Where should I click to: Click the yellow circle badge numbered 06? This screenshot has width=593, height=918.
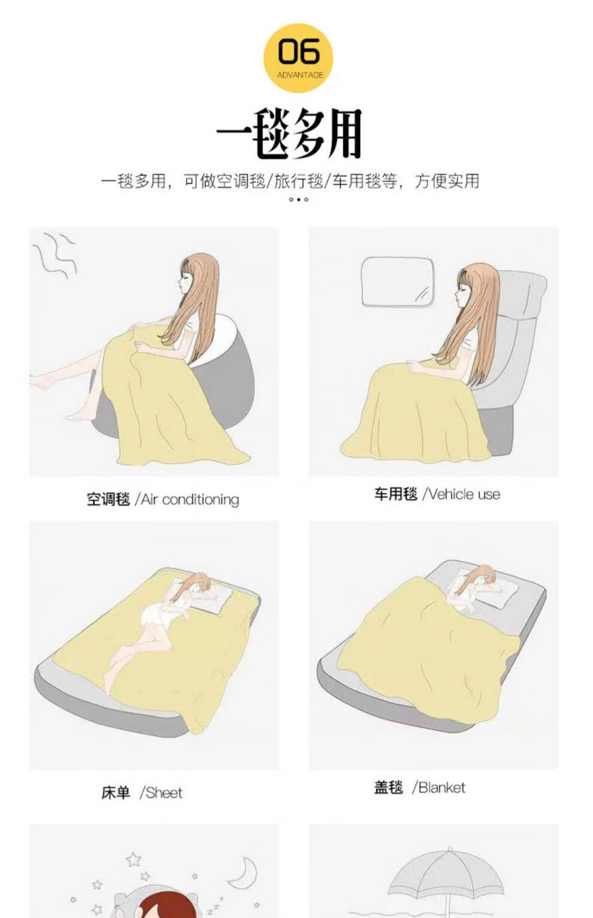tap(298, 58)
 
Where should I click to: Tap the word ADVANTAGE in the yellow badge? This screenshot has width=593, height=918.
tap(300, 75)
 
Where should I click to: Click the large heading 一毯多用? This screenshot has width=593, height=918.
tap(289, 134)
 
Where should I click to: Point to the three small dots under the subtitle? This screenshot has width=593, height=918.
tap(298, 200)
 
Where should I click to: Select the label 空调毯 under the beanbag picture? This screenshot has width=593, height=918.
tap(108, 499)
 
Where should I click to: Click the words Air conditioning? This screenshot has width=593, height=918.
tap(190, 499)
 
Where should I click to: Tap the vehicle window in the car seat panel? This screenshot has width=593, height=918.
tap(397, 282)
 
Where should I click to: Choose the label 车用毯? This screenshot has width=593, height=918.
tap(396, 494)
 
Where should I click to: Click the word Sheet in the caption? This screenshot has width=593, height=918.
tap(164, 793)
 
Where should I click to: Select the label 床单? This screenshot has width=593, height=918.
tap(116, 793)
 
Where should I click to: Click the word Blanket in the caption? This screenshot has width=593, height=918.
tap(442, 787)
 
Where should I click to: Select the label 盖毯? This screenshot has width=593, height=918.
tap(389, 787)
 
